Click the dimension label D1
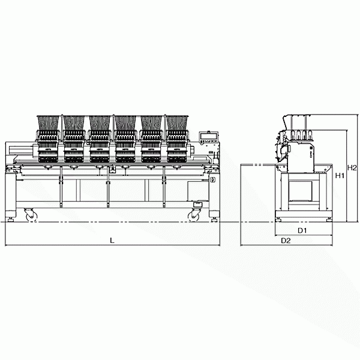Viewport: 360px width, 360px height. [302, 230]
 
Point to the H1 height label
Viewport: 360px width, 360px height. [339, 176]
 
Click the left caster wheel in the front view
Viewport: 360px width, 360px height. [29, 214]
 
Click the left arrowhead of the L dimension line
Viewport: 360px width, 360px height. [6, 245]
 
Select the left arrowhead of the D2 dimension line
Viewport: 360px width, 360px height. [241, 245]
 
